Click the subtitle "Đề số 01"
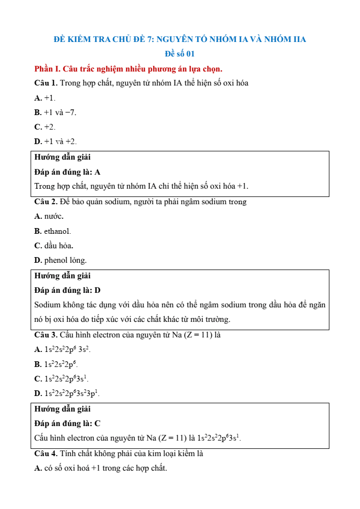(x=179, y=54)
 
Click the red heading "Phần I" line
(x=128, y=68)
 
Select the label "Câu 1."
(x=46, y=83)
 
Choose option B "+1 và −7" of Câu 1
(x=55, y=112)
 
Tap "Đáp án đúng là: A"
(x=67, y=172)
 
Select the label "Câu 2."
(x=46, y=202)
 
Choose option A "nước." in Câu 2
(x=49, y=216)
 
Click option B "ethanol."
(x=53, y=231)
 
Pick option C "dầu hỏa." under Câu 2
(x=53, y=245)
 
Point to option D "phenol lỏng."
(x=60, y=260)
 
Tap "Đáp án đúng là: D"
(x=67, y=290)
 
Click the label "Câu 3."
(x=46, y=335)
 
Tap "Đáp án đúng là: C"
(x=67, y=423)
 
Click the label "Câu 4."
(x=46, y=454)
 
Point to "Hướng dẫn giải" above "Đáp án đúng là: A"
(x=62, y=157)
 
